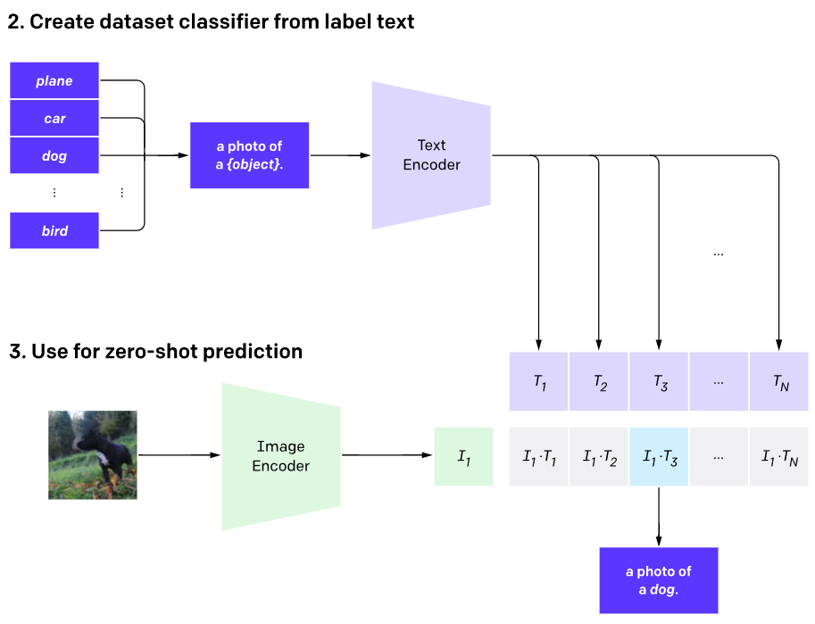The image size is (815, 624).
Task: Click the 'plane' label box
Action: [54, 81]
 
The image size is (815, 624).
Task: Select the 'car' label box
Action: [54, 119]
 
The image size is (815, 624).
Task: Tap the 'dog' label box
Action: [54, 156]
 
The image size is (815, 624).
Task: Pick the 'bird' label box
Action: [54, 231]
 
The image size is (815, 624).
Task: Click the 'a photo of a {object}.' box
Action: [250, 155]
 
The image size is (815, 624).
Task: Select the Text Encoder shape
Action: [431, 154]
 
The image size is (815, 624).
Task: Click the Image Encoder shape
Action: [280, 456]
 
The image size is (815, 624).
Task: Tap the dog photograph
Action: [93, 454]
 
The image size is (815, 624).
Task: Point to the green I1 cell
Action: [463, 457]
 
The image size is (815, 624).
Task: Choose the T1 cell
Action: [539, 382]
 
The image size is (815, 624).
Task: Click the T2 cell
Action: [599, 382]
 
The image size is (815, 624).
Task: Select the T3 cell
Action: [659, 382]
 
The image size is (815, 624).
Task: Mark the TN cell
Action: [779, 382]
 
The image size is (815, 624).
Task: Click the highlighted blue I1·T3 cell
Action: [659, 457]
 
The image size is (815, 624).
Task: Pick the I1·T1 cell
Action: [539, 457]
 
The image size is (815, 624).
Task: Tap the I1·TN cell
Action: [779, 457]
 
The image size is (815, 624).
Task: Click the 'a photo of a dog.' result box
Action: [659, 580]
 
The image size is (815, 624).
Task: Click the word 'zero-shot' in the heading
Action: [146, 351]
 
